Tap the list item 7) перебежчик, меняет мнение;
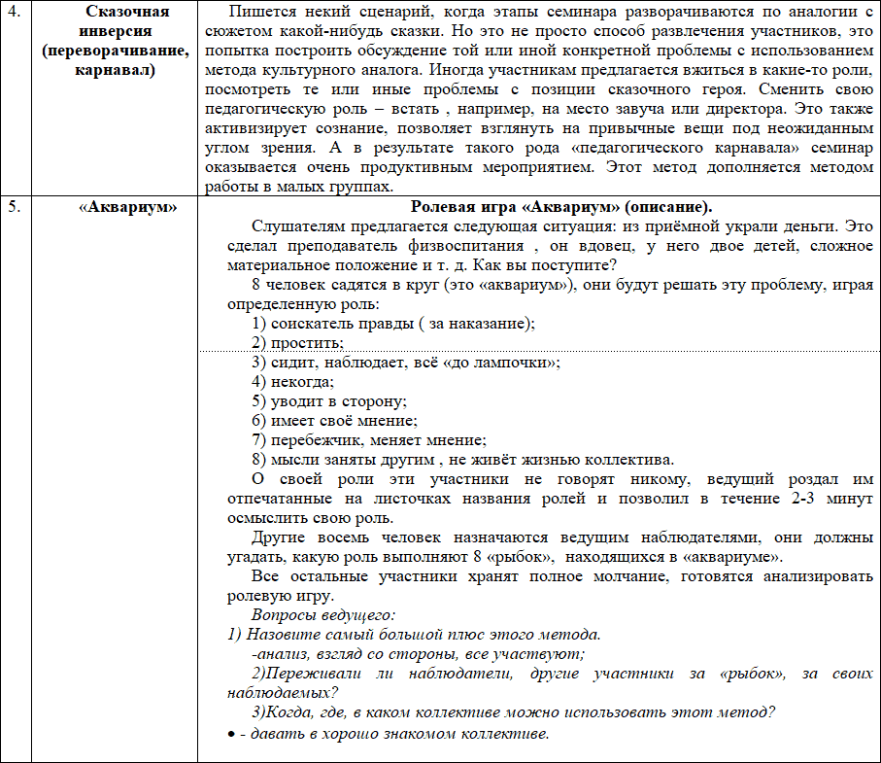[368, 440]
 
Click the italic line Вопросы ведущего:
[323, 615]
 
